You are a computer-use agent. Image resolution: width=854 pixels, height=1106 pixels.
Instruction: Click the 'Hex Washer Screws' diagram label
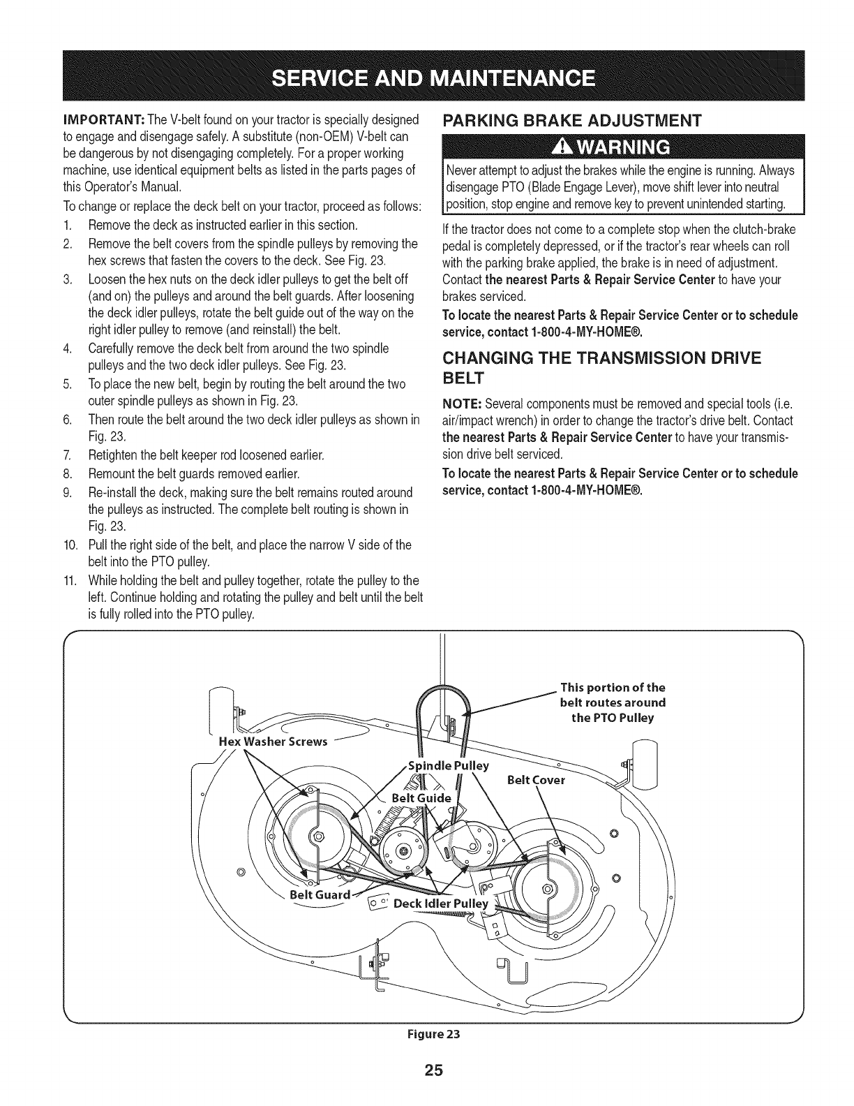273,742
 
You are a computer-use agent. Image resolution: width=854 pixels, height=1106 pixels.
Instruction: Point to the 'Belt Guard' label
319,894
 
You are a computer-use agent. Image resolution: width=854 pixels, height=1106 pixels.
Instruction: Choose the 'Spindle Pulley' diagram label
447,765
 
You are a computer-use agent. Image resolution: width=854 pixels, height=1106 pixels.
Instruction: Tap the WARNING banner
624,147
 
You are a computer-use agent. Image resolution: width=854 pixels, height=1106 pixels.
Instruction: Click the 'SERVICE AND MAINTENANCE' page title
426,76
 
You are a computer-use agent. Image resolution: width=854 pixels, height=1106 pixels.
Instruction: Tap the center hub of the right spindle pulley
548,889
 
